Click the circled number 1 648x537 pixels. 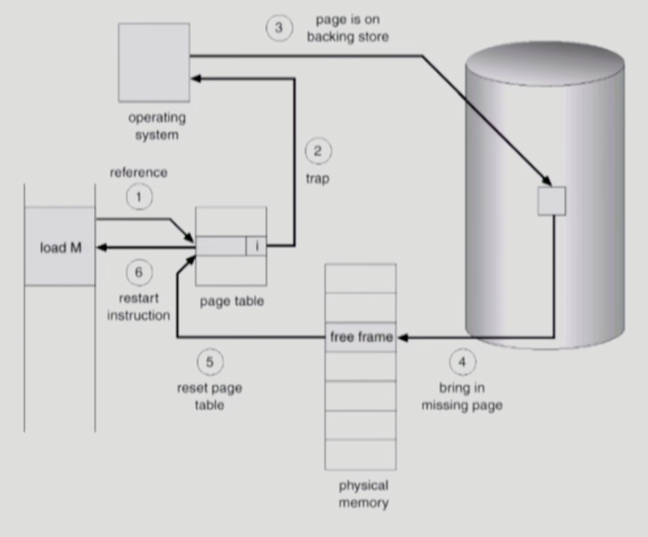139,197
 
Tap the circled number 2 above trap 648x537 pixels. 318,151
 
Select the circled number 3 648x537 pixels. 279,28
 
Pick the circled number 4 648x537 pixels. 462,362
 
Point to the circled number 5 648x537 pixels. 210,362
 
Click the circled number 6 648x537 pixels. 139,272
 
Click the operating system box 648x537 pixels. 154,63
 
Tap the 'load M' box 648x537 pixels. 60,246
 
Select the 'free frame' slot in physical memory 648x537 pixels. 361,337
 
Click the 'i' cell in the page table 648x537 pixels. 256,246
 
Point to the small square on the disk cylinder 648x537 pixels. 551,201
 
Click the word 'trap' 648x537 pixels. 317,178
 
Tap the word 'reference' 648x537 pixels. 139,172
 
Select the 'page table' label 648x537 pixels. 232,301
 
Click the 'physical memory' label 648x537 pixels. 363,494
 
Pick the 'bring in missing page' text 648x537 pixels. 462,396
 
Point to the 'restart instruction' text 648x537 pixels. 138,306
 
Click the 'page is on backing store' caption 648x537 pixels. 348,28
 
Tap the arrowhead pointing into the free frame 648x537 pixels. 402,338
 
